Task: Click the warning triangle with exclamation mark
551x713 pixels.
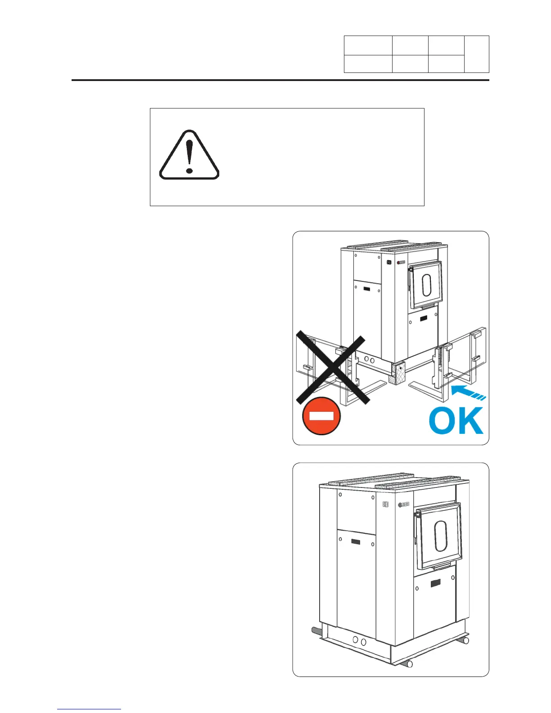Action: [x=189, y=156]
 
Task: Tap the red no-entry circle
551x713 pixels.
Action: [x=321, y=416]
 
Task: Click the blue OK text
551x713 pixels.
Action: [x=456, y=421]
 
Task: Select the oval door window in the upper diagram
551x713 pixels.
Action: [x=426, y=285]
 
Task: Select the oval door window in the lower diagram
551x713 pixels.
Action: [x=440, y=536]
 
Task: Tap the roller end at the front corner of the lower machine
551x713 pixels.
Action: [x=409, y=664]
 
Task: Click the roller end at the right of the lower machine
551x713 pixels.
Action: [x=466, y=640]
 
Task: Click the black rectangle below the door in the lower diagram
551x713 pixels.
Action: [x=435, y=583]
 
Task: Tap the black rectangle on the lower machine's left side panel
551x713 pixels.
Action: [x=356, y=542]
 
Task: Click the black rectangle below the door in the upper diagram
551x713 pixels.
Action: [x=424, y=318]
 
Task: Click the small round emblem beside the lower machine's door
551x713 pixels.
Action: [x=400, y=505]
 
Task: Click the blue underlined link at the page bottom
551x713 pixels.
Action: [x=89, y=709]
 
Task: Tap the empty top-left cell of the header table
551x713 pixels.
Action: [x=368, y=45]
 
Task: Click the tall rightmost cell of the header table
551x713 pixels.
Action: [x=477, y=54]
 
